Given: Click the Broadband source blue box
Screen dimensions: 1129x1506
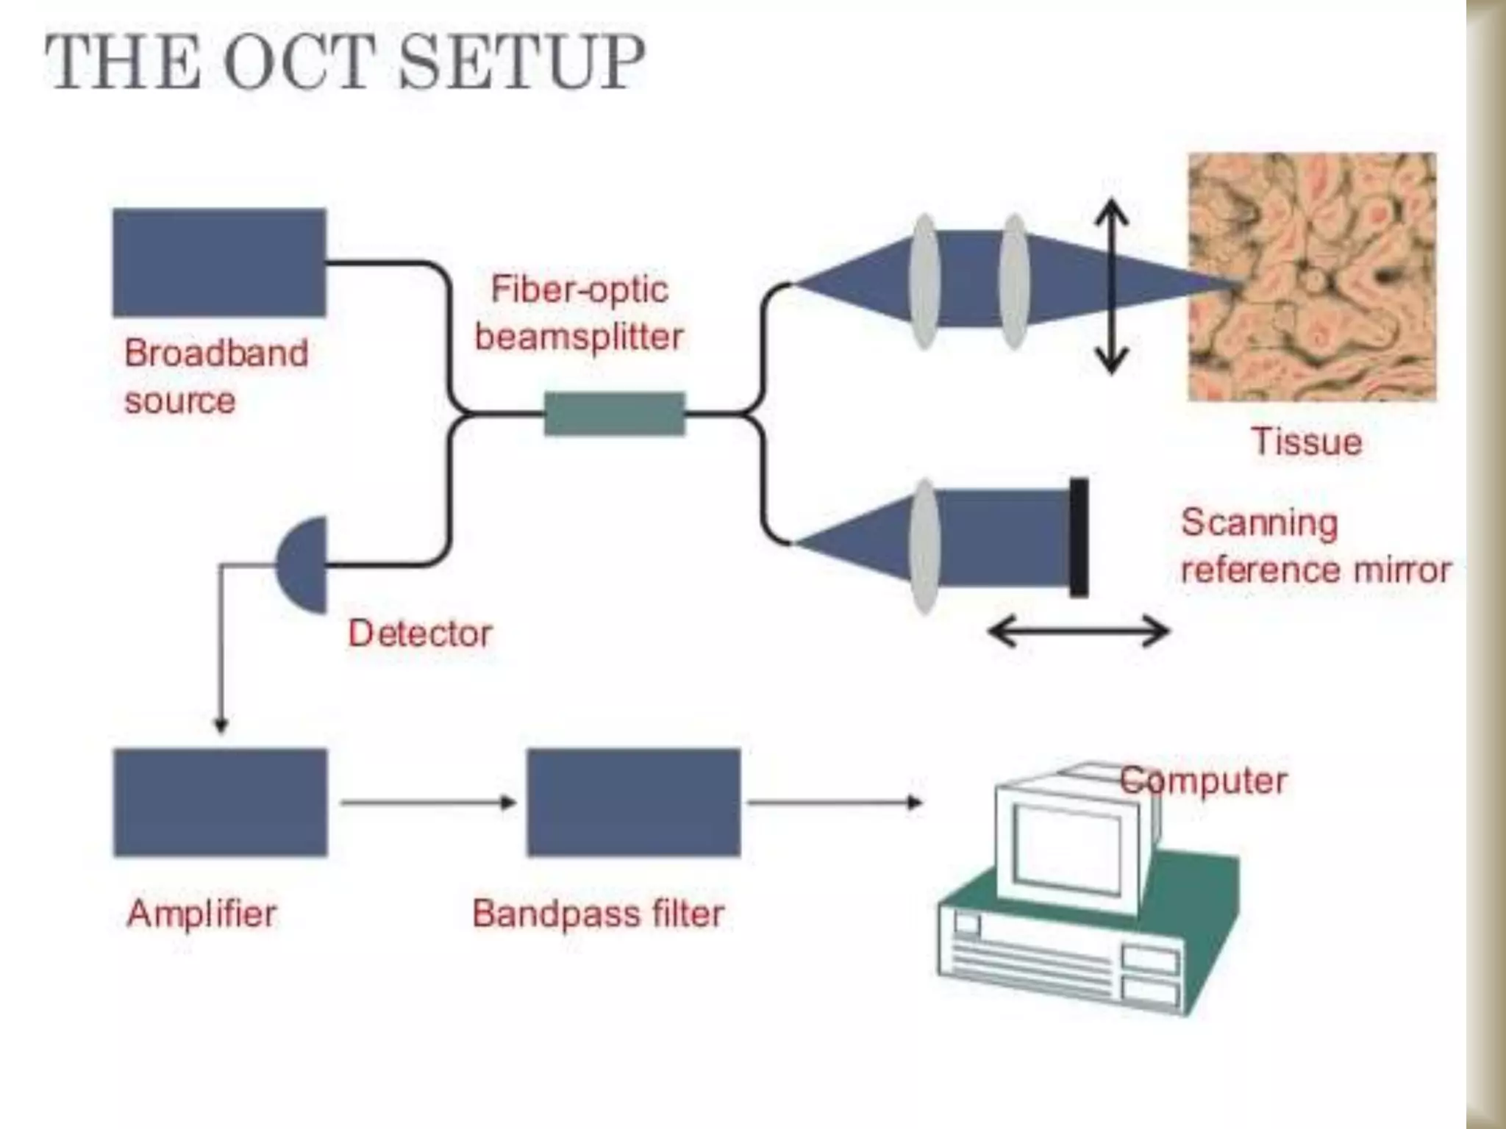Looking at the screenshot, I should (x=219, y=262).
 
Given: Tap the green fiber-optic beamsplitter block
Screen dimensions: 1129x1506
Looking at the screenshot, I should (x=614, y=414).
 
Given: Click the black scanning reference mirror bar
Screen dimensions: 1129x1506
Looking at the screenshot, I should (x=1079, y=537).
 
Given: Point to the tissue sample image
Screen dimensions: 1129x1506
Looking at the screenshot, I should (x=1311, y=276).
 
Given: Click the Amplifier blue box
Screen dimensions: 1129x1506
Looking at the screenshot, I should (x=221, y=802).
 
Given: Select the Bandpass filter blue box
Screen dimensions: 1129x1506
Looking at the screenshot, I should (x=634, y=802).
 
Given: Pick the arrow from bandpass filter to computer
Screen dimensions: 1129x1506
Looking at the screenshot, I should (x=835, y=802).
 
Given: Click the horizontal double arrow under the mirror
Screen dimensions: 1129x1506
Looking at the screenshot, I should (x=1079, y=631).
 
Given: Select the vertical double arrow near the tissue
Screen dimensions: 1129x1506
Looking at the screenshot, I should (x=1111, y=287).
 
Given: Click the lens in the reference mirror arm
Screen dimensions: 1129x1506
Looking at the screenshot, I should (x=925, y=545).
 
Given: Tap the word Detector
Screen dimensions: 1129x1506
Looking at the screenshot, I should (x=420, y=634).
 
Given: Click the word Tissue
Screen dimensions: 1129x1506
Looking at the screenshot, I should (x=1307, y=442).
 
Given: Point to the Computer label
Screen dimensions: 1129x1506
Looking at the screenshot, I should (x=1203, y=781).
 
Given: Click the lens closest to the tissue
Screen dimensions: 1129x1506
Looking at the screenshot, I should (x=1014, y=282).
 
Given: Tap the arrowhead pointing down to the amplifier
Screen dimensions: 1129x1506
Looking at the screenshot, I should (x=221, y=725).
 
